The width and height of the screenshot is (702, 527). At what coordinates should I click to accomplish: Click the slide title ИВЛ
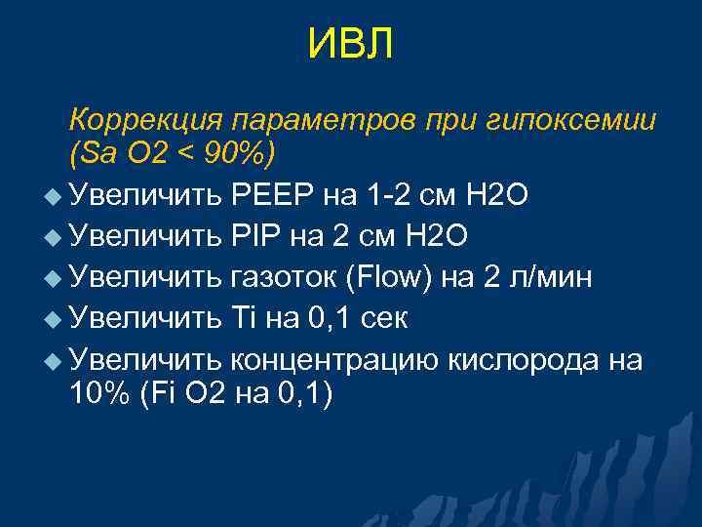click(x=350, y=45)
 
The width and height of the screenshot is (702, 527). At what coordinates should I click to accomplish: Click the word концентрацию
click(x=334, y=360)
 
